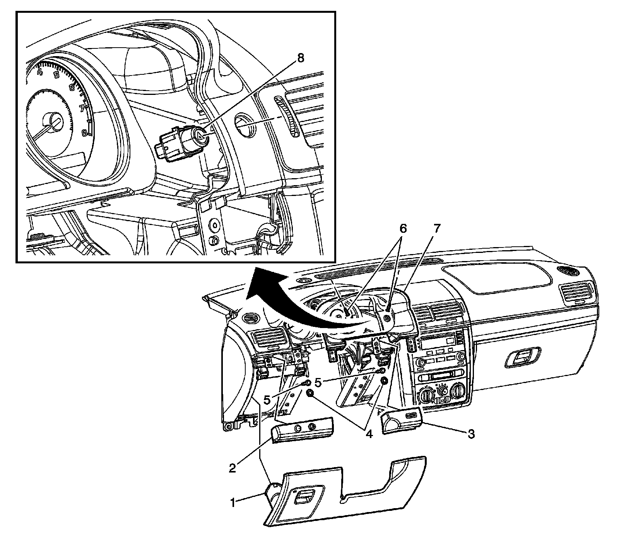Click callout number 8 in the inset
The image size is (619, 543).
point(301,58)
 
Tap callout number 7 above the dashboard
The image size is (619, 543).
point(436,229)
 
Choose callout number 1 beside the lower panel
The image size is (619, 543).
point(233,503)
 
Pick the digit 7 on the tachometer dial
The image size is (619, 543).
point(82,108)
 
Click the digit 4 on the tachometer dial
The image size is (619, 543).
point(39,72)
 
